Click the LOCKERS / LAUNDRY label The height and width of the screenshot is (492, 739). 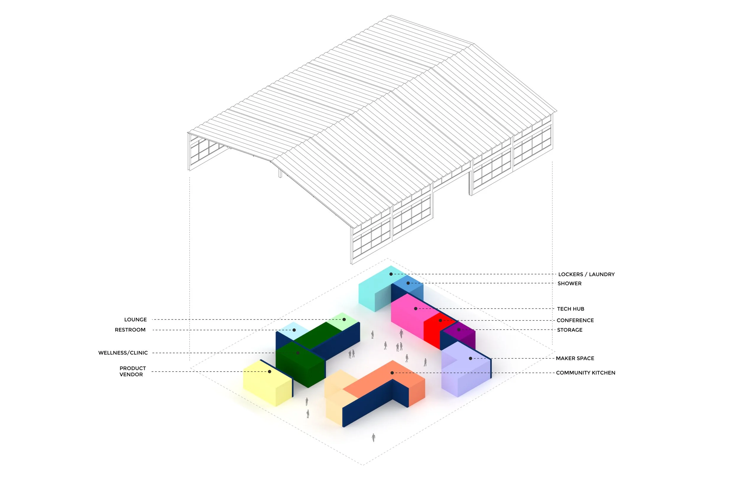pos(586,274)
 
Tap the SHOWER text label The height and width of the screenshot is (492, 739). pos(569,283)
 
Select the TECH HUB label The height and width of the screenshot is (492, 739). pos(571,309)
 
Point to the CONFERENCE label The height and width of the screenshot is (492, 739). pos(575,320)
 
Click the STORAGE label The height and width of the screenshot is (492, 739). pos(570,330)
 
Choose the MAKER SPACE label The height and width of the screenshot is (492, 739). pos(575,358)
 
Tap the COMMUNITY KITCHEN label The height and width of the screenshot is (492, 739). pos(585,373)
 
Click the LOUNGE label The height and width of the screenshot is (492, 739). pos(135,319)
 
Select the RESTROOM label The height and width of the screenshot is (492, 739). pos(130,330)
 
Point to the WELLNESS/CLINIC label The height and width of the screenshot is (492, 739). pos(123,353)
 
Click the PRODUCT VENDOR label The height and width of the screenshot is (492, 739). pos(132,371)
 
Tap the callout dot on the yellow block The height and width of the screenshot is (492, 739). pos(270,372)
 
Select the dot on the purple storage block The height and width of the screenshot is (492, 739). pos(459,330)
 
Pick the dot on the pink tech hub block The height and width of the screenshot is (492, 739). pos(416,309)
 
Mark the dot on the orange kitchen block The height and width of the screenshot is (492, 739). pos(392,373)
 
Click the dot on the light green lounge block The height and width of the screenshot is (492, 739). pos(344,319)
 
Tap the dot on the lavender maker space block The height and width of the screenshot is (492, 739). pos(470,358)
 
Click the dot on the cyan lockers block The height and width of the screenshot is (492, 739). pos(391,274)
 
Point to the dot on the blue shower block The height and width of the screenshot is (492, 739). pos(408,283)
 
